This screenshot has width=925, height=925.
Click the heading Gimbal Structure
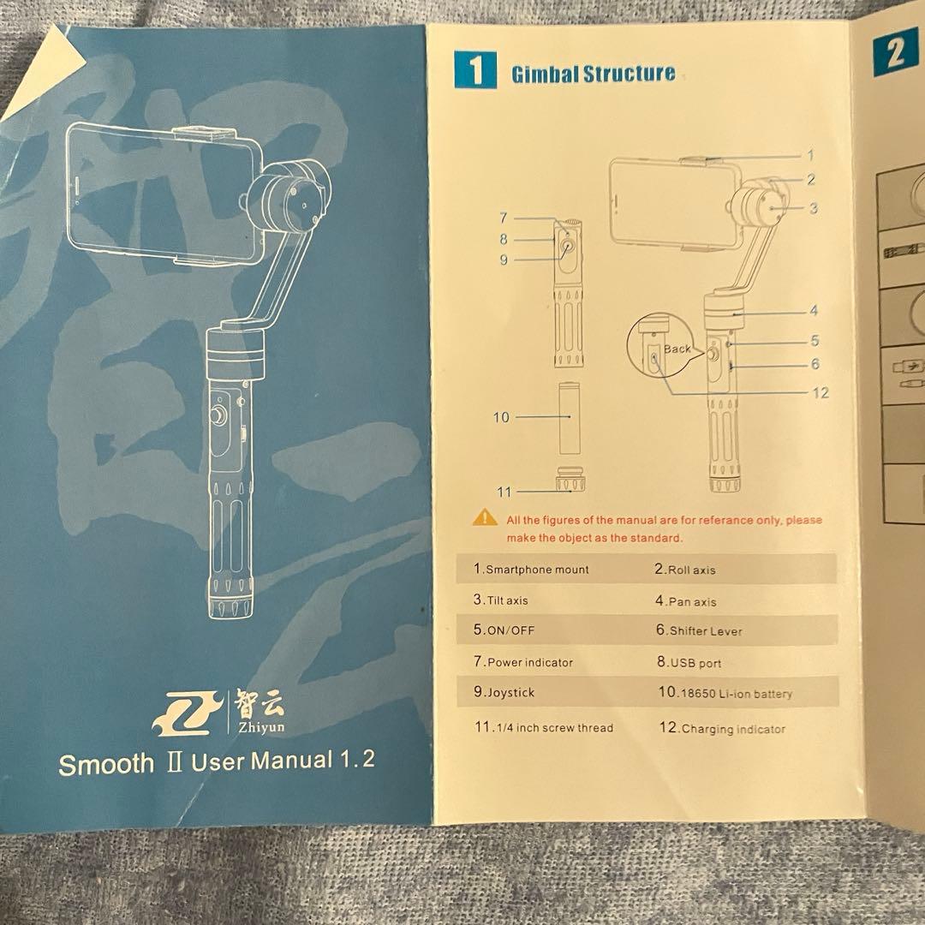pos(593,74)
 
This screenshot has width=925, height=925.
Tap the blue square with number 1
pos(474,71)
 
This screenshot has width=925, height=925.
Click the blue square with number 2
pos(895,54)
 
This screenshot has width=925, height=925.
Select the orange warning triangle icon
pos(484,517)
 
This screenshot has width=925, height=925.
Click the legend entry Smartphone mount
pos(531,570)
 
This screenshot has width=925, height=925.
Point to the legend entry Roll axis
pos(685,570)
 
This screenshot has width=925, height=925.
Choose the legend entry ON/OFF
pos(504,630)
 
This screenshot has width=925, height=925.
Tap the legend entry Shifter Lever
pos(699,630)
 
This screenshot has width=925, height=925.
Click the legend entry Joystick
pos(504,692)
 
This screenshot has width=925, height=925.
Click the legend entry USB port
pos(689,662)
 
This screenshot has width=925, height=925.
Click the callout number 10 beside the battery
pos(501,417)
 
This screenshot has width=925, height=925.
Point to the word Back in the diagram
pos(677,349)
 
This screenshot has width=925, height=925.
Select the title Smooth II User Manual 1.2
pos(217,762)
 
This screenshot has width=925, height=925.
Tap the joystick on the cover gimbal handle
pos(219,415)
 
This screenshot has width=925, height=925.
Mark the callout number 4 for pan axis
pos(813,312)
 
